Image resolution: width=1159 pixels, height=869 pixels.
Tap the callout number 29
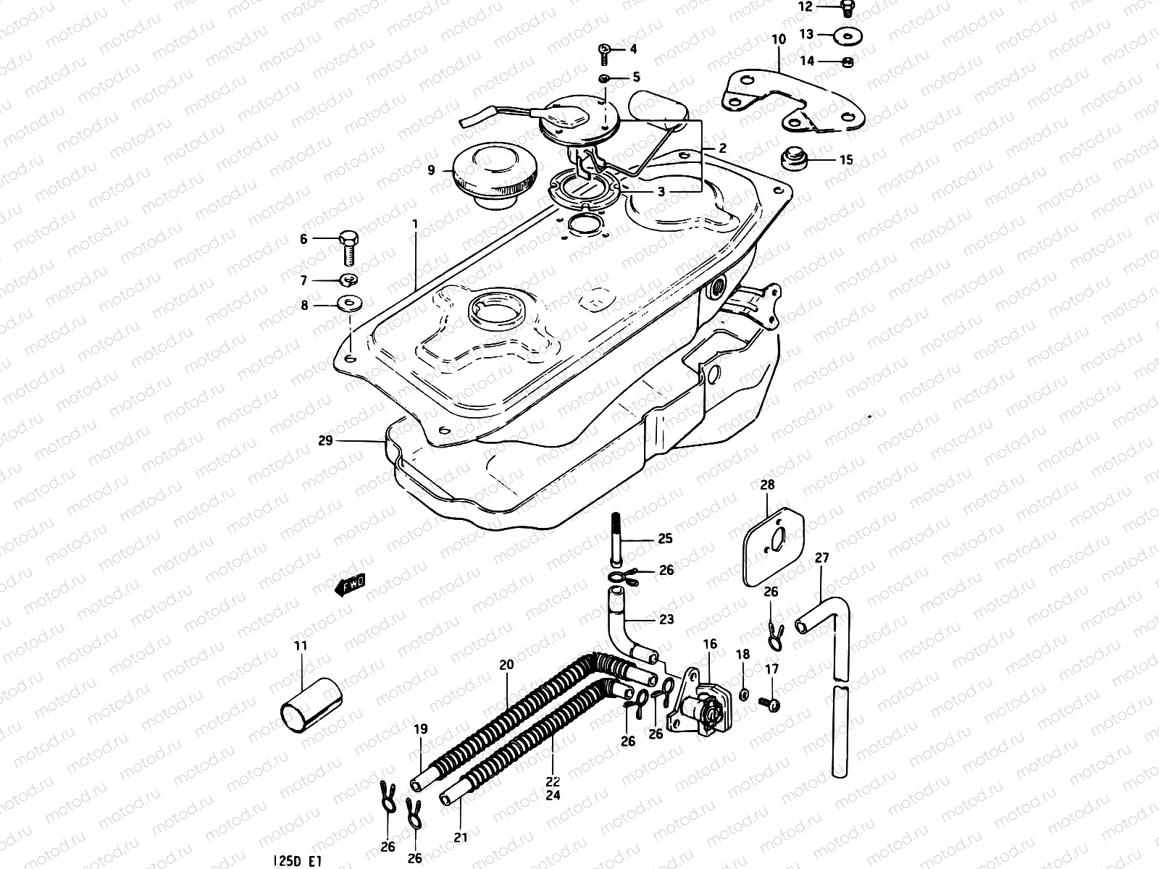tap(325, 440)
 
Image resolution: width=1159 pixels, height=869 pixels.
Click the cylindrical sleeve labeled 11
tap(309, 701)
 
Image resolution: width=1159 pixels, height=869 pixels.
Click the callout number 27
tap(822, 558)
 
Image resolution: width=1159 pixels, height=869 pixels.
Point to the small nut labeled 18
tap(743, 695)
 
